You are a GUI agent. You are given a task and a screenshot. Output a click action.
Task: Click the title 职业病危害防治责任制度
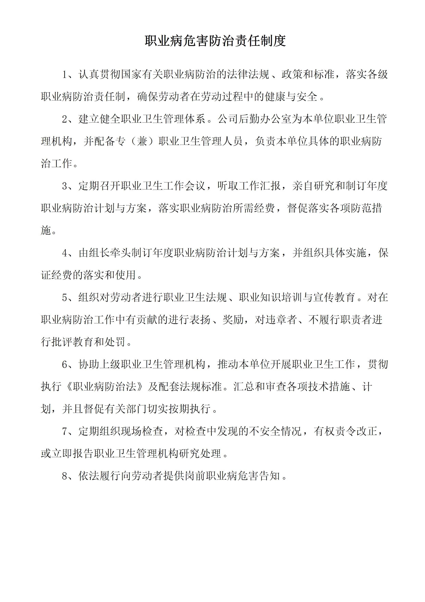(215, 41)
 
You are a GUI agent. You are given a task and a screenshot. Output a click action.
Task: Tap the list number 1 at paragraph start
(65, 75)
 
